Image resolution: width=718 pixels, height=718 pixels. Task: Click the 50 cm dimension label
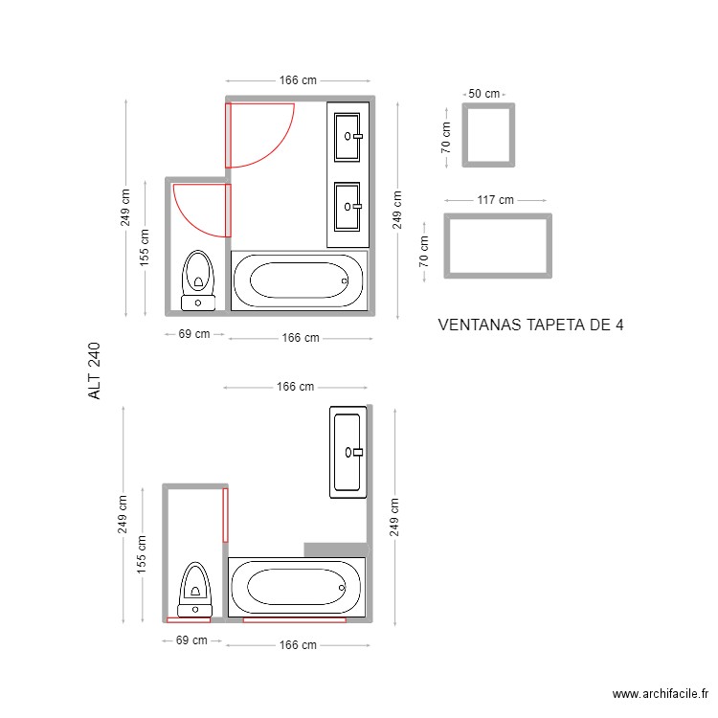click(483, 94)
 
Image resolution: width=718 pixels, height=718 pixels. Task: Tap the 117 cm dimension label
click(495, 200)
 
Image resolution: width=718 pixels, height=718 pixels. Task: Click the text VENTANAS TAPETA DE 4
click(530, 325)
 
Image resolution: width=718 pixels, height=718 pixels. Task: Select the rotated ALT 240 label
click(94, 372)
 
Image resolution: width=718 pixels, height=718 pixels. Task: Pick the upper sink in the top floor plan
click(348, 135)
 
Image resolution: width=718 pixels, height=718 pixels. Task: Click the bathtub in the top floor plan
click(299, 280)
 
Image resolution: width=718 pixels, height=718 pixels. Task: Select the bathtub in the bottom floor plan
click(296, 586)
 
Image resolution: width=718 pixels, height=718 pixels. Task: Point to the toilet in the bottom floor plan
click(195, 589)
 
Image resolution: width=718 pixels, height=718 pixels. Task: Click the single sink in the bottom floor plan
click(347, 452)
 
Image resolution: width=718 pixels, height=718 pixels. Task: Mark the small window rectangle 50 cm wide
click(488, 135)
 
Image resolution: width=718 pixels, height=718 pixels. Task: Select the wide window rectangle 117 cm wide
click(498, 246)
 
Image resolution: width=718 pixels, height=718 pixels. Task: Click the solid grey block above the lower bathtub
click(335, 549)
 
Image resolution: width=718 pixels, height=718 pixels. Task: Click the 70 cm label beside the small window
click(445, 135)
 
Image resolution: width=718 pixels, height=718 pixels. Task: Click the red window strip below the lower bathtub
click(294, 620)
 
